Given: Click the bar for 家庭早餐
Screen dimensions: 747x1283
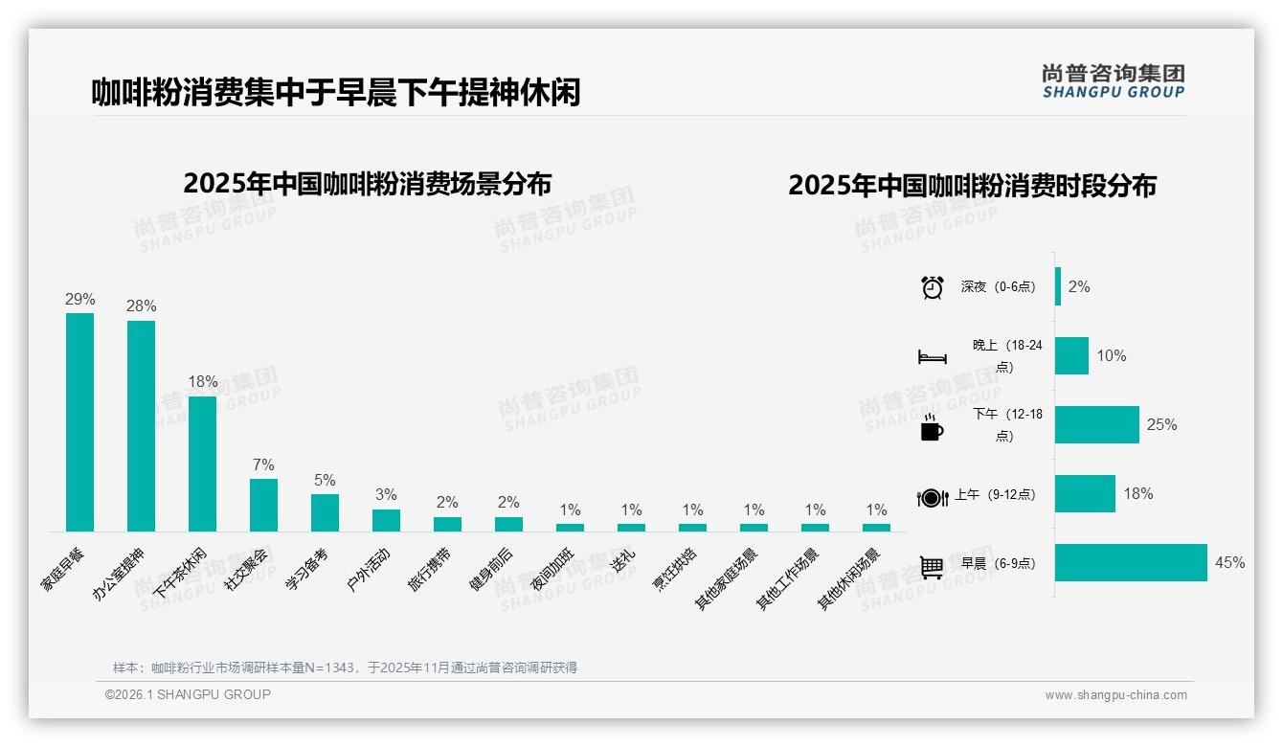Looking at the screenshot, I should (79, 422).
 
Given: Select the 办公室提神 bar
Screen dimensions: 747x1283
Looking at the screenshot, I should (141, 426).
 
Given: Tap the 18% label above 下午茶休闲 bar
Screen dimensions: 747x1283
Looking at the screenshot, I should (202, 382).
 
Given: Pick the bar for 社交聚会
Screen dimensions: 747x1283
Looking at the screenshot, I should (263, 505).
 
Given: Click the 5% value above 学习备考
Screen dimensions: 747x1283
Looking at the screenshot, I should (325, 481).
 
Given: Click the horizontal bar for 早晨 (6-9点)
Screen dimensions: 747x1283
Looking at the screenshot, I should (1131, 563).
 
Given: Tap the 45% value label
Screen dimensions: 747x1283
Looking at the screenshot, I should (1229, 563).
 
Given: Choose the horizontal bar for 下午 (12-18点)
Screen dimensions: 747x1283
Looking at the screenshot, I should (1097, 424).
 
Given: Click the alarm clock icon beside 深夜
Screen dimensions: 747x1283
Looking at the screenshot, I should (932, 287).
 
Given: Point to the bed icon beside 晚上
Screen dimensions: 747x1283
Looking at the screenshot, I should (932, 357).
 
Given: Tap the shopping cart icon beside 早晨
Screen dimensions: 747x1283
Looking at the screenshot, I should (932, 567).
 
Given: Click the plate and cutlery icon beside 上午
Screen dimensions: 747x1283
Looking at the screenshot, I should (932, 497).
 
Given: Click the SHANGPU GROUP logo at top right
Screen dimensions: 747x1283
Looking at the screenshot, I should (1113, 81).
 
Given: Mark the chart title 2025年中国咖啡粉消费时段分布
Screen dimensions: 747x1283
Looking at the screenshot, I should (972, 186).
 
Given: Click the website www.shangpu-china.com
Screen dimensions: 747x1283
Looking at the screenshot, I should (1115, 695).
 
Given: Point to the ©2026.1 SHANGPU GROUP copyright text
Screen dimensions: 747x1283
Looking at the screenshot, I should (188, 694).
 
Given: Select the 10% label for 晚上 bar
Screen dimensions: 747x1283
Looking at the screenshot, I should (1112, 356).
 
